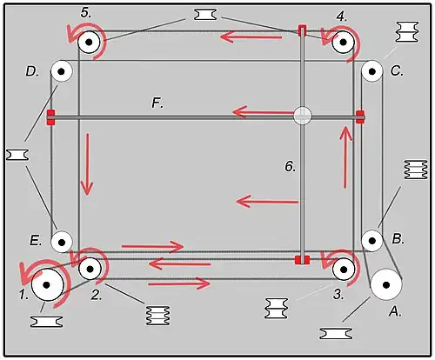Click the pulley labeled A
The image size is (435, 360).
point(386,285)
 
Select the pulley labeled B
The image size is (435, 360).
point(372,241)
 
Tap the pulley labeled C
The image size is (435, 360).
point(372,71)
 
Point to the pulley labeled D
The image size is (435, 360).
point(61,71)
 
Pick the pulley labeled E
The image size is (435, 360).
point(61,242)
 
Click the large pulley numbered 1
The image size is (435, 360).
point(47,285)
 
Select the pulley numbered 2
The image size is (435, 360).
point(90,269)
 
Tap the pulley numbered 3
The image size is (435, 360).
point(344,270)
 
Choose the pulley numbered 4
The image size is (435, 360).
point(344,43)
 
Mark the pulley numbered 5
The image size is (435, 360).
point(89,42)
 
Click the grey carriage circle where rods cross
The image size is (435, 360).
point(303,116)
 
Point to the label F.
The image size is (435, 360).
point(157,103)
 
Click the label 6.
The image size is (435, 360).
point(290,166)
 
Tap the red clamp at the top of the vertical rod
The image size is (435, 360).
point(302,30)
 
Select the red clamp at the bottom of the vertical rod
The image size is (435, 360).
point(302,260)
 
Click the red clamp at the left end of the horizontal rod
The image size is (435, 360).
point(51,117)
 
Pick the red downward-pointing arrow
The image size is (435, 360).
point(87,164)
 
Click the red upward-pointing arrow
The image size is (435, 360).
point(345,157)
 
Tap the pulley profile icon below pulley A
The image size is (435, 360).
point(336,334)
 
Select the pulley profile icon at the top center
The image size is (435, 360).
point(205,15)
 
